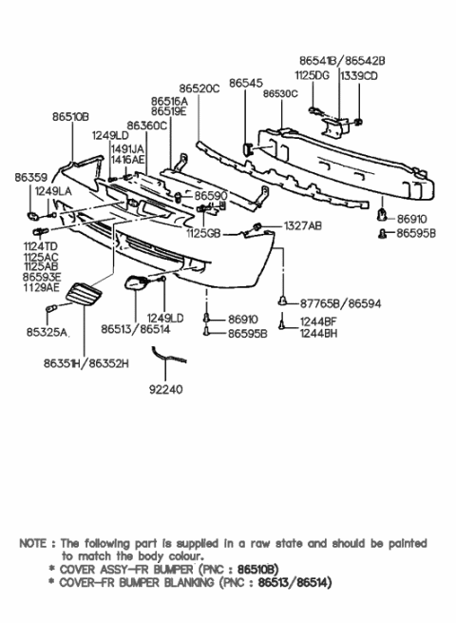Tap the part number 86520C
click(x=199, y=88)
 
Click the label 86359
click(x=29, y=177)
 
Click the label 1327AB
click(x=301, y=225)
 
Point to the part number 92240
click(x=166, y=389)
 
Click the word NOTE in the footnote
click(x=35, y=542)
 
